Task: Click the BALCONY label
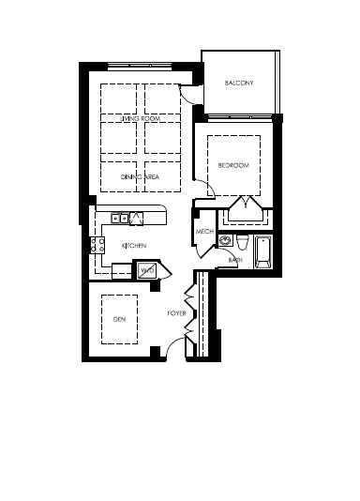239,83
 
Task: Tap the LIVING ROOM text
140,118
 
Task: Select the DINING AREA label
140,177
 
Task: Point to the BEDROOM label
233,165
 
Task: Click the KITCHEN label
134,246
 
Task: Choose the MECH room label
204,232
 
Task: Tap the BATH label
235,260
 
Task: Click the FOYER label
177,313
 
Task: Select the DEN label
119,319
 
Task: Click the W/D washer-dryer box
147,270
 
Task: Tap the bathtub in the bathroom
263,252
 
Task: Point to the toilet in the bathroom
243,242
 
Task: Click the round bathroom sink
226,240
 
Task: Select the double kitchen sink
120,219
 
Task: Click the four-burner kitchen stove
97,245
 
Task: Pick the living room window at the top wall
140,67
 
